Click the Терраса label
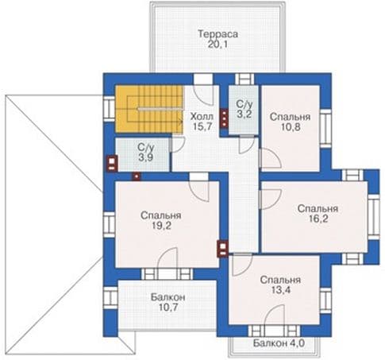(218, 34)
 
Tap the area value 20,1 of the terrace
(218, 45)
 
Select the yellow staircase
(149, 109)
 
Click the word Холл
(202, 116)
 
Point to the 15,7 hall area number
(202, 126)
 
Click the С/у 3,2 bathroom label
(244, 109)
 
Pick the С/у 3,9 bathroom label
(145, 153)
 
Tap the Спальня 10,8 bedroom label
(290, 122)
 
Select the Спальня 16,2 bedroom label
(318, 214)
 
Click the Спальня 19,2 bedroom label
(161, 220)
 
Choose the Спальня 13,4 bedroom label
(280, 285)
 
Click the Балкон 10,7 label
(168, 302)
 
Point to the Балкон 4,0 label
(279, 343)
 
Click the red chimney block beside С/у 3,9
(112, 163)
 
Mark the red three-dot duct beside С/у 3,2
(224, 118)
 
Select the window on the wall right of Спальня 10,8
(325, 129)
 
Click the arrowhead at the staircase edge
(182, 122)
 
